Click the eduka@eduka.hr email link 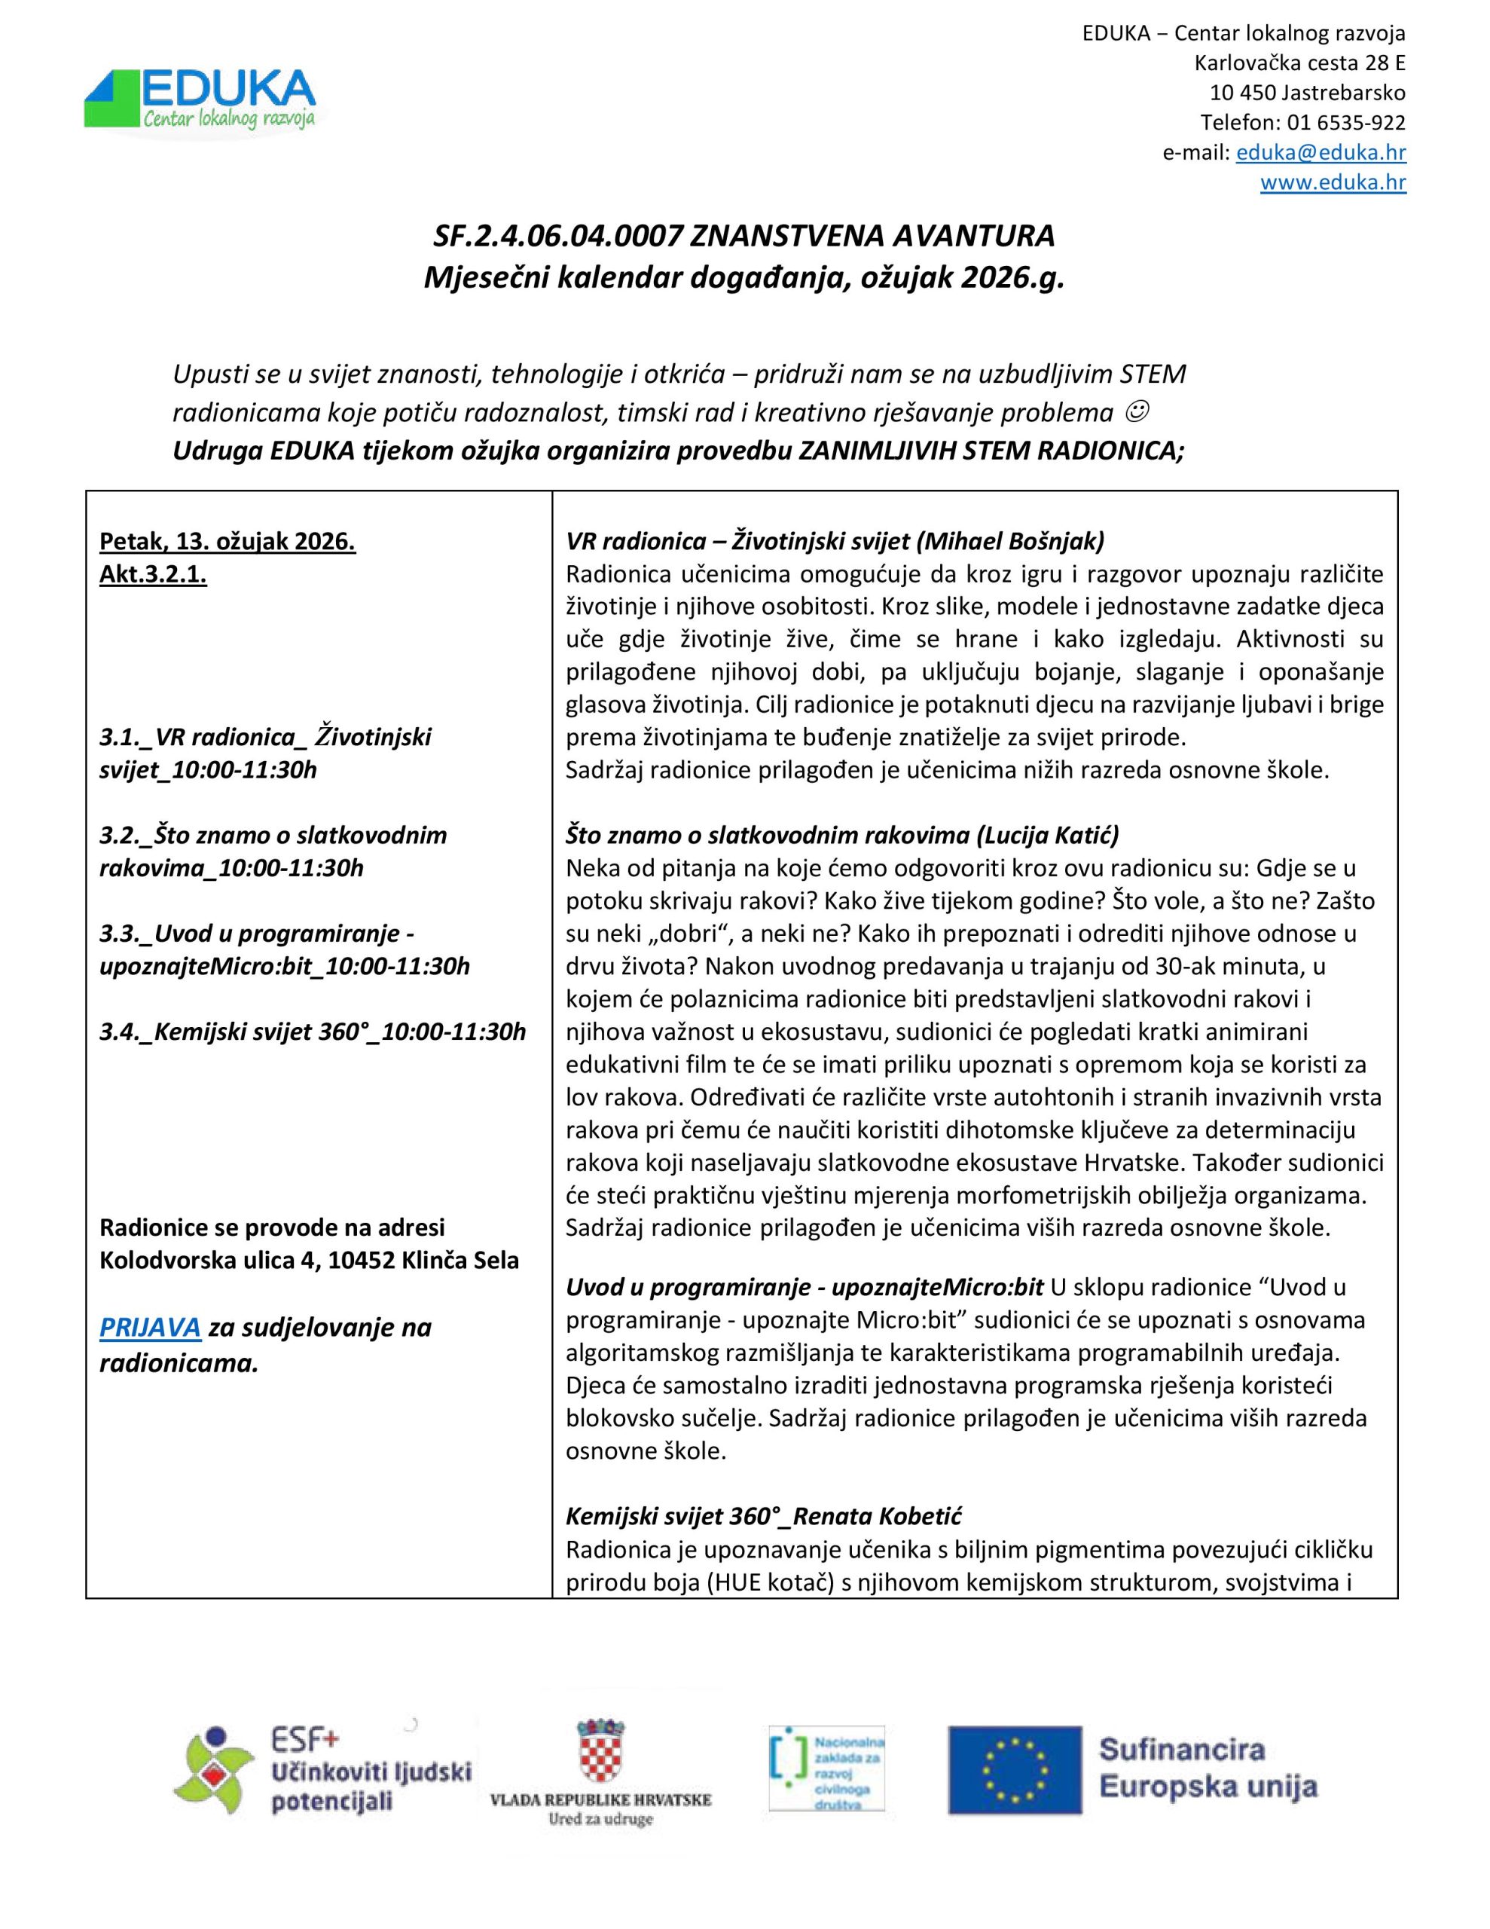point(1321,153)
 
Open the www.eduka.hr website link point(1333,183)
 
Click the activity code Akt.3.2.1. point(153,574)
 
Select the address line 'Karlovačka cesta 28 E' point(1299,63)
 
